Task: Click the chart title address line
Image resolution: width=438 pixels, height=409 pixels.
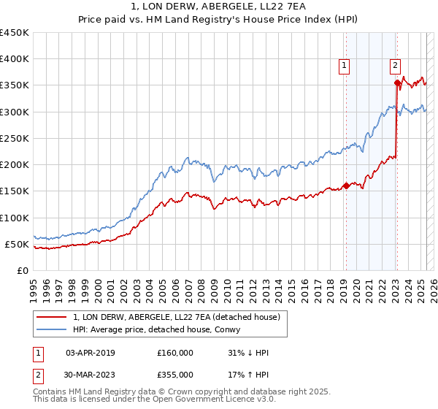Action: (218, 7)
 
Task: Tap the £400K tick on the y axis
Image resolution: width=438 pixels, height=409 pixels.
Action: (15, 59)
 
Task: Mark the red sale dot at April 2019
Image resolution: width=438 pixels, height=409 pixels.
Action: (346, 186)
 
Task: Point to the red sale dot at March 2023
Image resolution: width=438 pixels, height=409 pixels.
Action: (397, 83)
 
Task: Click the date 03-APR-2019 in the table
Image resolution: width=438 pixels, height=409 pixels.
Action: (90, 353)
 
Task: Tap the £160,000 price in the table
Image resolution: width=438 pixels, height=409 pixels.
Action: (175, 353)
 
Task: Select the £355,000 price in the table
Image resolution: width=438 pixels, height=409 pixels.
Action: (175, 374)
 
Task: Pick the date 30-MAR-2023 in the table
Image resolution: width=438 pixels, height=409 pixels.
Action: (90, 374)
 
